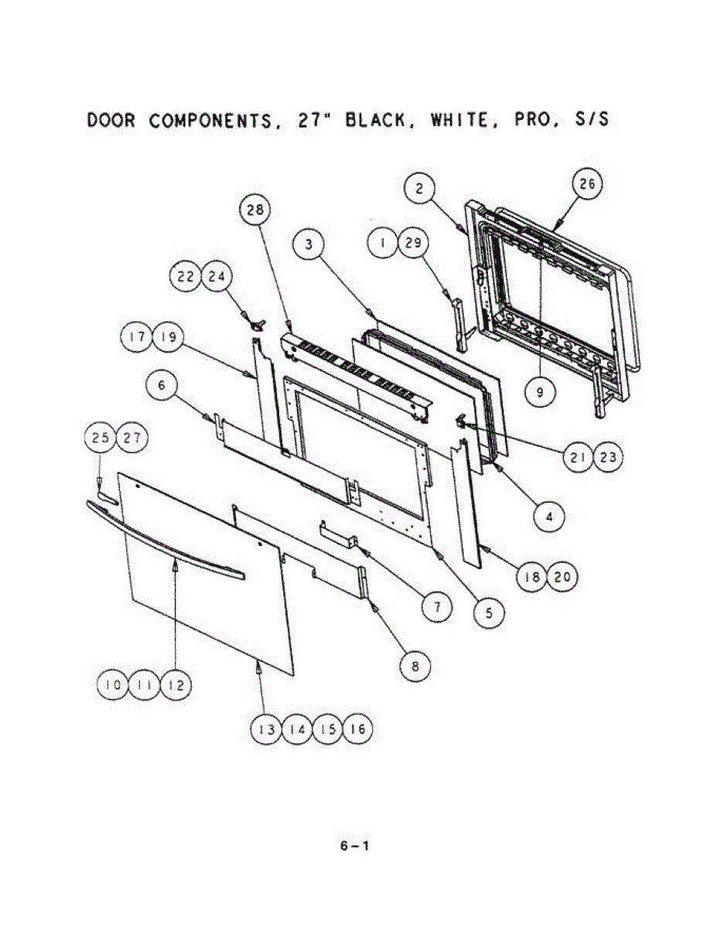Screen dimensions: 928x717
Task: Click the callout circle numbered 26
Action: [x=587, y=186]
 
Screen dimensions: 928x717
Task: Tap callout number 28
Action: [x=254, y=210]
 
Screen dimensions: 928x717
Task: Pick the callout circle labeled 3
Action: [x=308, y=245]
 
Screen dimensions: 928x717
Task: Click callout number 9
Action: [x=539, y=392]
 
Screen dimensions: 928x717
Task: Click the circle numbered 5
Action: [x=489, y=612]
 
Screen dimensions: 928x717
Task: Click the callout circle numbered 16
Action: [x=357, y=729]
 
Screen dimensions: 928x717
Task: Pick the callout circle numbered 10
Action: [x=113, y=685]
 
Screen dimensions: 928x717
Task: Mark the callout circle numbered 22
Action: [x=186, y=278]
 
